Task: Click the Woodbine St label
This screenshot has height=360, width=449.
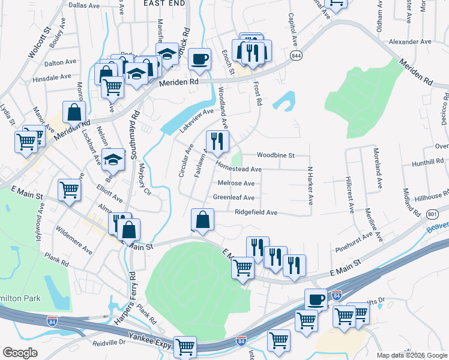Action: [276, 155]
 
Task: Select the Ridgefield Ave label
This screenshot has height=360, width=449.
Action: [256, 212]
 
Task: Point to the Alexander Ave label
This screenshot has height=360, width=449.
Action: [411, 42]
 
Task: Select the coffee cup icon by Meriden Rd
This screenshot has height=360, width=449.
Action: [200, 59]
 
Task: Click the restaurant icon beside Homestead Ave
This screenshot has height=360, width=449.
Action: [217, 142]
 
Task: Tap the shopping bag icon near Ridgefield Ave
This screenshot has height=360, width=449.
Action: [203, 220]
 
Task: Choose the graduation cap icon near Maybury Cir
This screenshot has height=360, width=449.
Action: [112, 160]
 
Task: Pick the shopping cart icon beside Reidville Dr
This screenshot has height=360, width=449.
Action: [185, 347]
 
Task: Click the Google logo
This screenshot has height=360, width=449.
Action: [20, 353]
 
